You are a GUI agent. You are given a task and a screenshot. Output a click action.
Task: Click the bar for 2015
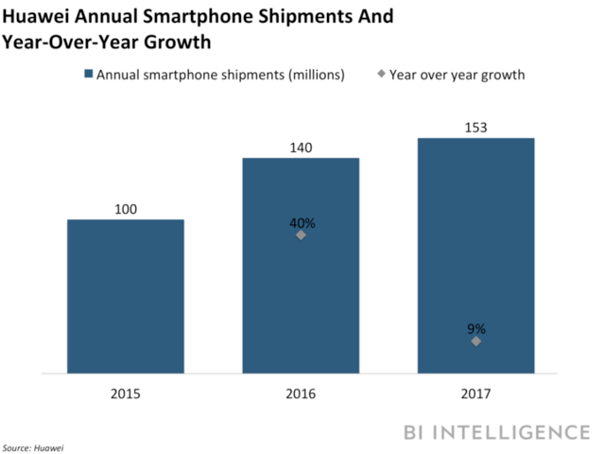pyautogui.click(x=125, y=297)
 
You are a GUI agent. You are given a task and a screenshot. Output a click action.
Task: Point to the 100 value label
pyautogui.click(x=125, y=208)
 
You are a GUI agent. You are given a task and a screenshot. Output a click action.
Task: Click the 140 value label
pyautogui.click(x=301, y=147)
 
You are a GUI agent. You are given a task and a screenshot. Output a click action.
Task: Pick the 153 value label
pyautogui.click(x=475, y=127)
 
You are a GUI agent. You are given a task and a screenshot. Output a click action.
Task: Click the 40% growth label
pyautogui.click(x=302, y=223)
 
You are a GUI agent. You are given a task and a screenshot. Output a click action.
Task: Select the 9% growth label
pyautogui.click(x=476, y=329)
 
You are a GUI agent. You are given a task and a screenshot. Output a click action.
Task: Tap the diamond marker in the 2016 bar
pyautogui.click(x=301, y=235)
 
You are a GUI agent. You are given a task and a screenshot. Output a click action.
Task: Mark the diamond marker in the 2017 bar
pyautogui.click(x=475, y=340)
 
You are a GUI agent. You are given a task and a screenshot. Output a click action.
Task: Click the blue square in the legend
pyautogui.click(x=87, y=74)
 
